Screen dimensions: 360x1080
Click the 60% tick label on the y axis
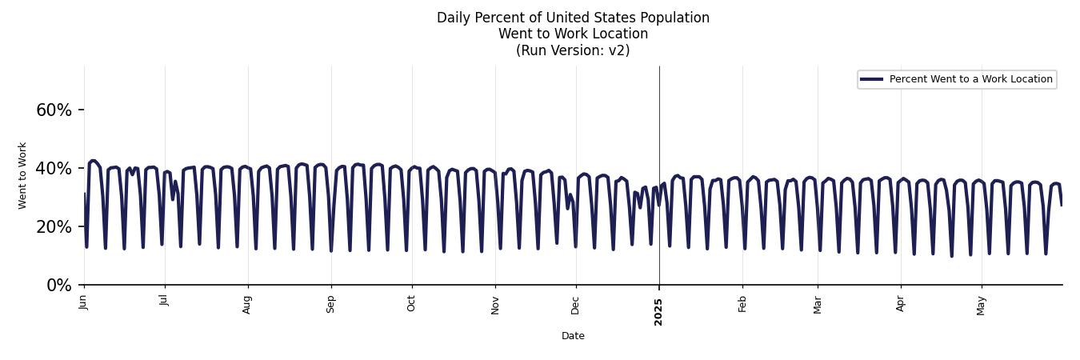(54, 110)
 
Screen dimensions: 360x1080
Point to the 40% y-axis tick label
(54, 169)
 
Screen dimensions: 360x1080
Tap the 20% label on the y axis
(54, 227)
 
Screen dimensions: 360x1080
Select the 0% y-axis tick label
(59, 286)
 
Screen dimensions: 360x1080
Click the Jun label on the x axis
(83, 302)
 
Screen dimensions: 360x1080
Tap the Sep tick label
(330, 303)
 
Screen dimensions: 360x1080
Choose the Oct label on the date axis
(411, 302)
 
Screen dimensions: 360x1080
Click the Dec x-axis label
(575, 303)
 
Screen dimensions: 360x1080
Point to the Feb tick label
(742, 303)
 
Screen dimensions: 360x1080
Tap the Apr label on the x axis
(901, 302)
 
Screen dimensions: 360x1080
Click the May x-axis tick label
(982, 305)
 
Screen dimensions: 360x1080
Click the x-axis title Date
(573, 336)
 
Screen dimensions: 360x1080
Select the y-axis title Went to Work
(22, 175)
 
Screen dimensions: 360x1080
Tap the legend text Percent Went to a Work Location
(970, 79)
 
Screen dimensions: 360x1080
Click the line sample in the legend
(871, 79)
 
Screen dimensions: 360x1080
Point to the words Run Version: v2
(573, 50)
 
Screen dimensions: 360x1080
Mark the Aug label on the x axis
(247, 303)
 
